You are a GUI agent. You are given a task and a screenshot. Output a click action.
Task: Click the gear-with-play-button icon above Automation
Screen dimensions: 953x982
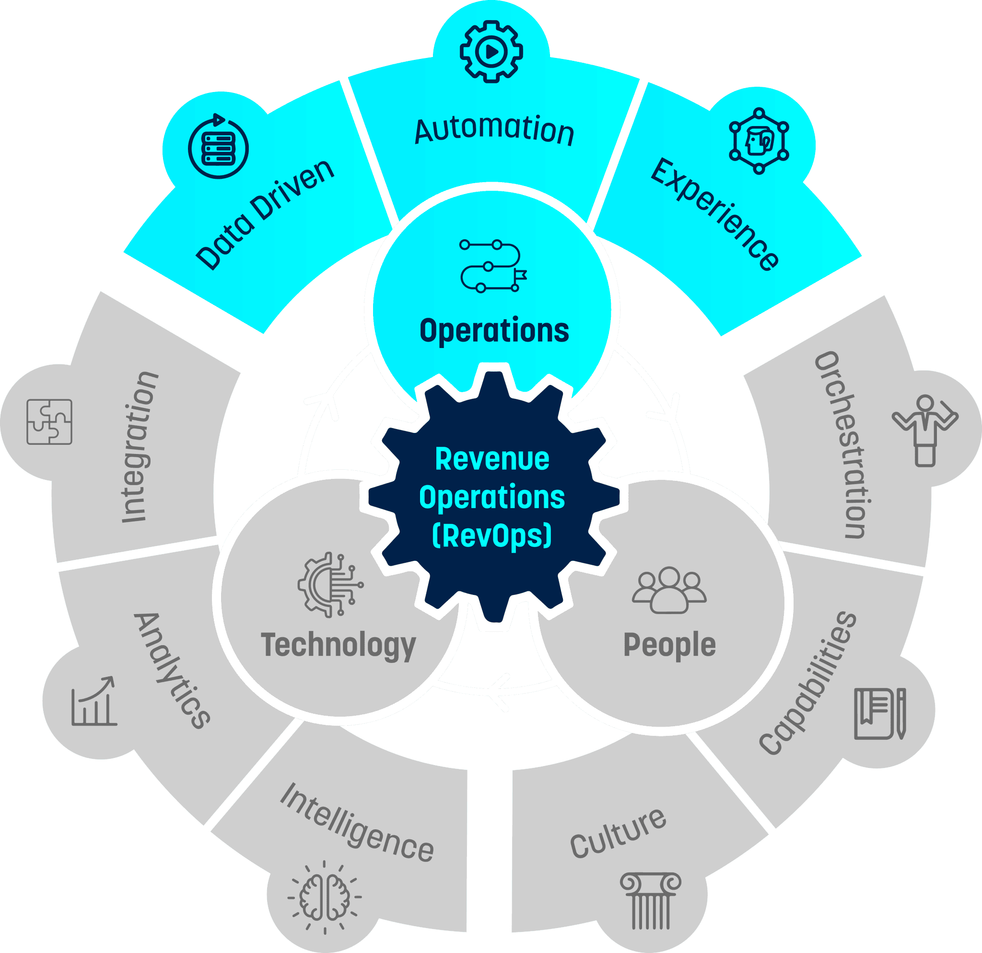point(491,51)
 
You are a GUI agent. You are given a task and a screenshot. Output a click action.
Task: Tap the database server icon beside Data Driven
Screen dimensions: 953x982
point(219,148)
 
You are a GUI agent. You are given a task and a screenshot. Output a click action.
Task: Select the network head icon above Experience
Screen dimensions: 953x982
point(759,141)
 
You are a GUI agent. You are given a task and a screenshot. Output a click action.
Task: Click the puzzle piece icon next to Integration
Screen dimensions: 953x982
point(49,422)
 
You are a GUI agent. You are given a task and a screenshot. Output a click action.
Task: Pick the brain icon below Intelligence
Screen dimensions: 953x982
point(325,897)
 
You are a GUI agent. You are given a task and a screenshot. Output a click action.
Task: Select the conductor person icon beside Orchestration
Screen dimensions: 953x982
point(925,430)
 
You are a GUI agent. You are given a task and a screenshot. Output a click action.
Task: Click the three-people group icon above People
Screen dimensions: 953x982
point(669,590)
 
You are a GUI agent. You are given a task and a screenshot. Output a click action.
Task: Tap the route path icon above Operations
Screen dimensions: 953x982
point(493,266)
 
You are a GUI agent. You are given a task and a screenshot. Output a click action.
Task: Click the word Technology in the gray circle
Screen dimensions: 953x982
point(339,646)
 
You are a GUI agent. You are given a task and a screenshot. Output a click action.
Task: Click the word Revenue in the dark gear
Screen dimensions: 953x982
point(492,459)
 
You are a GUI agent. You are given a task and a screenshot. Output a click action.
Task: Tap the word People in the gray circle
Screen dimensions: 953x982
point(669,645)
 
